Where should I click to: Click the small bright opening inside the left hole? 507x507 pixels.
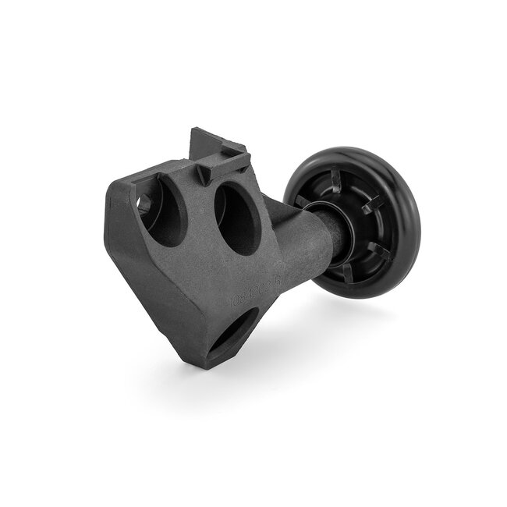click(144, 204)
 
